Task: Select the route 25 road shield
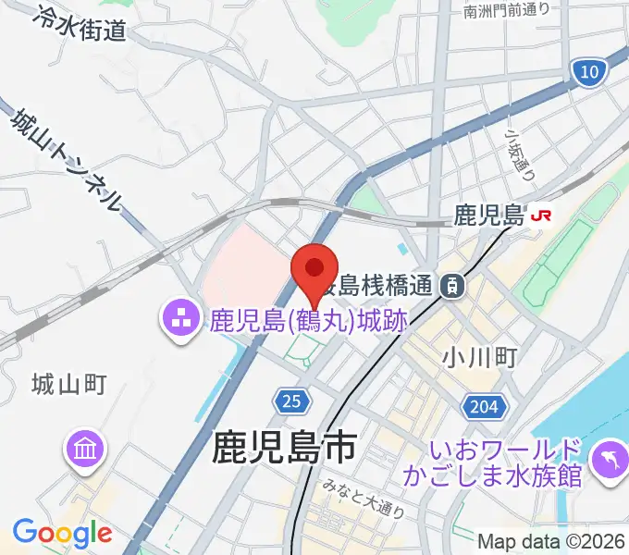(290, 401)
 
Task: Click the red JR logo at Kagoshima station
(541, 216)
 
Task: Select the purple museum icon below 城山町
(83, 450)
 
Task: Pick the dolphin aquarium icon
(608, 462)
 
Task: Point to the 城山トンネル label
(67, 157)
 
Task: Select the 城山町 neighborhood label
(69, 383)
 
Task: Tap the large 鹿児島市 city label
(283, 448)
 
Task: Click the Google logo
(62, 533)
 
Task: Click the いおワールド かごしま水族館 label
(505, 463)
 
